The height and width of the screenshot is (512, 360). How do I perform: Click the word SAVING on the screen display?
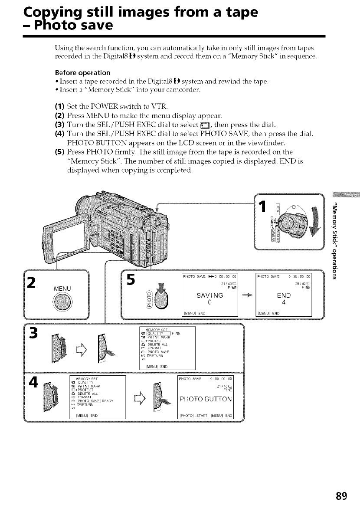tap(209, 295)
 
